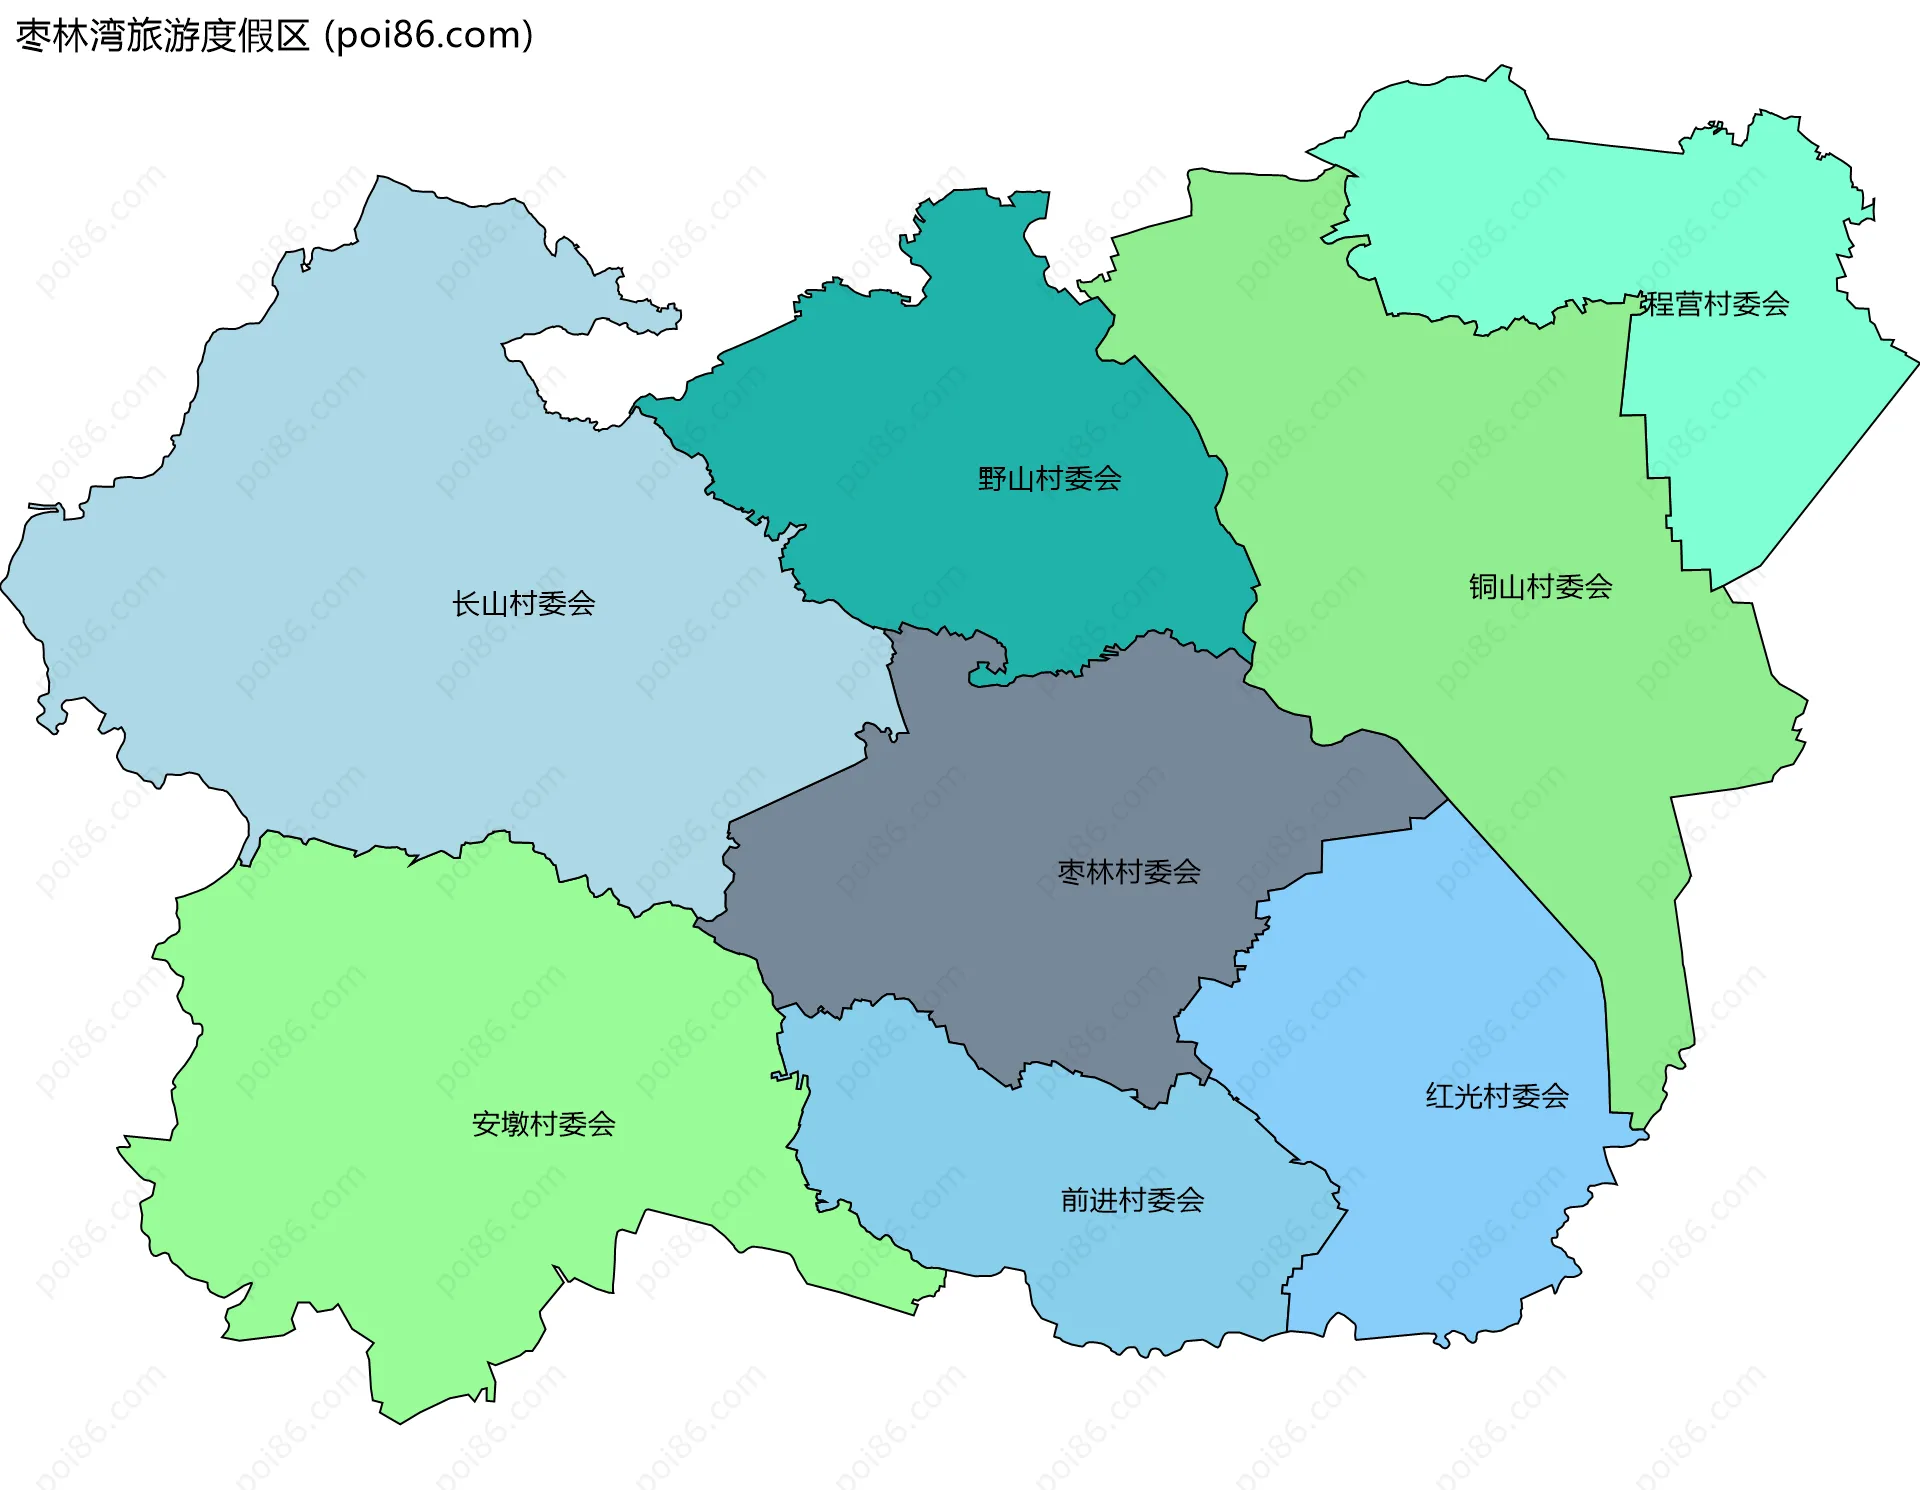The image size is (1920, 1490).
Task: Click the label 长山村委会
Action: point(523,604)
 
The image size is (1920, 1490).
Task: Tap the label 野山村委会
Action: point(1049,479)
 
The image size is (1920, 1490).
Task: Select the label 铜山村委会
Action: point(1540,587)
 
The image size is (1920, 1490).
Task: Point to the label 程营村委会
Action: point(1714,304)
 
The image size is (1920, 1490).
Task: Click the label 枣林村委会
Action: point(1129,872)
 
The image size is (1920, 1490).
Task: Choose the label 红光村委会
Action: point(1496,1096)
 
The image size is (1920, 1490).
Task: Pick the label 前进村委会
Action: point(1132,1200)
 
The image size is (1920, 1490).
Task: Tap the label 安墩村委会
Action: point(543,1124)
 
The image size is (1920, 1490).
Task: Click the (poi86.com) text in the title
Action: point(429,36)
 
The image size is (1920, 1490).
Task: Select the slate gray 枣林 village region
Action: point(1000,900)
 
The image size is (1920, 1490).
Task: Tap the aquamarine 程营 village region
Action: point(1600,220)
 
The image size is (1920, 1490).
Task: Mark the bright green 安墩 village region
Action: point(400,1050)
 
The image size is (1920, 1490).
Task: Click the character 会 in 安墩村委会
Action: point(601,1124)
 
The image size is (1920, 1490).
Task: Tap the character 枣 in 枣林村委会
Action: point(1072,872)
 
